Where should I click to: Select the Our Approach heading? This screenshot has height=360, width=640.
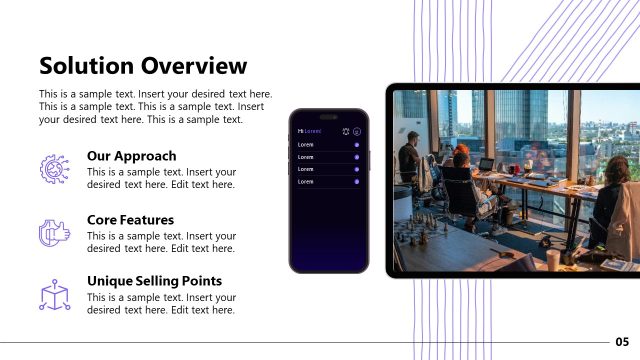coord(131,156)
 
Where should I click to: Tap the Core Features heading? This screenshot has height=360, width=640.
coord(130,219)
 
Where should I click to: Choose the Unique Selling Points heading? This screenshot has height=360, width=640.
coord(154,281)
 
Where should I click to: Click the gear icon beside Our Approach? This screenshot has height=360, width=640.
coord(52,168)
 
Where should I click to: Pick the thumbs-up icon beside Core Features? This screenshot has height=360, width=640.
coord(52,231)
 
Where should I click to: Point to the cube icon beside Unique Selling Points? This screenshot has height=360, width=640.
coord(52,294)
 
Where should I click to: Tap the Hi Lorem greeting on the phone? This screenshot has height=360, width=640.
coord(310,131)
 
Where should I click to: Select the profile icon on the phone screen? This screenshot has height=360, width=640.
coord(358,131)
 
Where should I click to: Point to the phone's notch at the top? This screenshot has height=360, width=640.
coord(329,114)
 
